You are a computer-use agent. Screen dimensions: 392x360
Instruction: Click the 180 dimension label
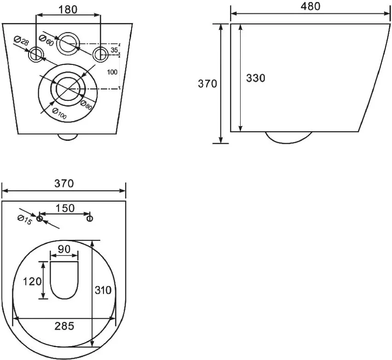68,10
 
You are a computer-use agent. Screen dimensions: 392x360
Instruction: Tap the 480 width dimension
310,6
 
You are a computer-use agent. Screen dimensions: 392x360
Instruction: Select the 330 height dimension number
255,78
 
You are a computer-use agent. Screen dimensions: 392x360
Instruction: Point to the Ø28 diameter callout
21,41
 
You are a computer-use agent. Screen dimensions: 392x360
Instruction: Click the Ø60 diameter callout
46,41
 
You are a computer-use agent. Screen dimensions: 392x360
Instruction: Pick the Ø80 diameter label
86,105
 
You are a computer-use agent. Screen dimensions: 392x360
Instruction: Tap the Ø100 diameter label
59,114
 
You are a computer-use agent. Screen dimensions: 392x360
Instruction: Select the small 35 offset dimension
114,50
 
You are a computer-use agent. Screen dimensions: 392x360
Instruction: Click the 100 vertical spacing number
112,72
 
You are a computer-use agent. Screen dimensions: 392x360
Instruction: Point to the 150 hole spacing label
65,208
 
